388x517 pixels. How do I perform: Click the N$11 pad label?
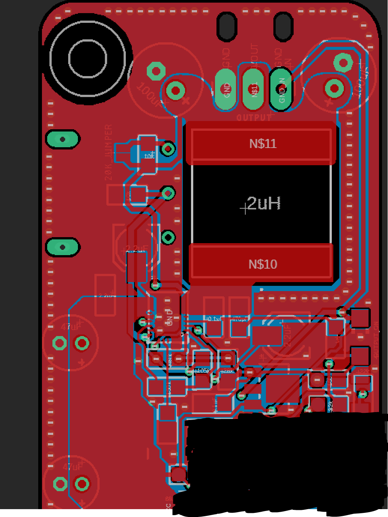tap(263, 143)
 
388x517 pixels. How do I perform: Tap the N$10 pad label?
tap(263, 264)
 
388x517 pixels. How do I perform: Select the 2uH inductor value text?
tap(264, 203)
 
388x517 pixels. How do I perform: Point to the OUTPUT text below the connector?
tap(254, 117)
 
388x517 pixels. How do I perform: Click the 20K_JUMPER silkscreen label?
tap(108, 153)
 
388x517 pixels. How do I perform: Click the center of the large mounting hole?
tap(88, 59)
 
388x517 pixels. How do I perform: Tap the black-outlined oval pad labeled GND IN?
tap(281, 90)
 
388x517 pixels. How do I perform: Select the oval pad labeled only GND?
tap(226, 90)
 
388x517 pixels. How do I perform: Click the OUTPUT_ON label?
tap(376, 340)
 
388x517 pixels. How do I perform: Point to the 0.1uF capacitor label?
tap(213, 319)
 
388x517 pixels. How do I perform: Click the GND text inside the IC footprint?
tap(169, 317)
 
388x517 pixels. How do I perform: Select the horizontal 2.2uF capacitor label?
tap(136, 249)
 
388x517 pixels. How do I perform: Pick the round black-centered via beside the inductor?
tap(168, 237)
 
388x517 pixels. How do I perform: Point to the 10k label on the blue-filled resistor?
tap(149, 155)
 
